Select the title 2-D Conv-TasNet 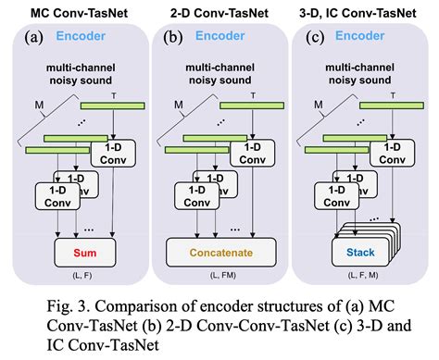pyautogui.click(x=218, y=11)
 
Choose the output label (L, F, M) pyautogui.click(x=361, y=277)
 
